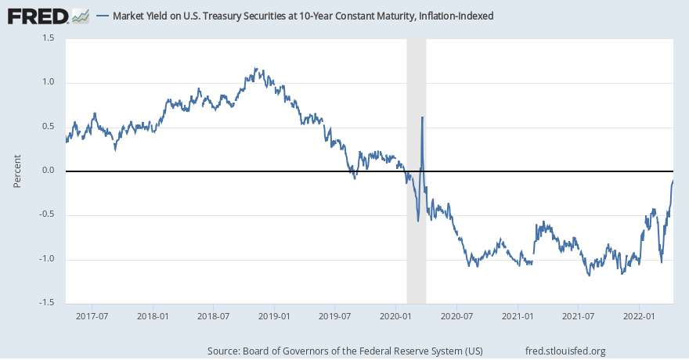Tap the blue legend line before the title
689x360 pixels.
pos(103,16)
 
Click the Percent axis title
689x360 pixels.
pos(17,171)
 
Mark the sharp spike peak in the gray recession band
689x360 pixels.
pos(422,117)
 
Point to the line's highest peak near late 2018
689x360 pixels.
pos(256,69)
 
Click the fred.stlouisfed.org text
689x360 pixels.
pos(567,351)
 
